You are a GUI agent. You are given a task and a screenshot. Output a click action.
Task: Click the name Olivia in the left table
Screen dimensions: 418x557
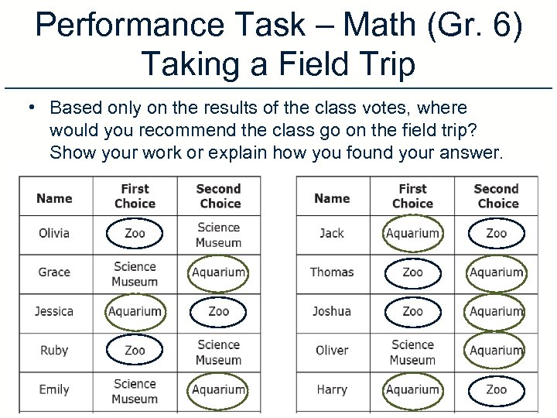tap(54, 233)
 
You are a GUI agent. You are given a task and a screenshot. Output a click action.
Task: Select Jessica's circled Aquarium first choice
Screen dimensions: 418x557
tap(135, 311)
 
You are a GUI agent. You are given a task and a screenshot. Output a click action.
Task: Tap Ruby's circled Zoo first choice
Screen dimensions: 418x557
tap(135, 350)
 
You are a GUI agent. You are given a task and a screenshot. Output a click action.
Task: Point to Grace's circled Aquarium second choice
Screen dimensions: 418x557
tap(218, 272)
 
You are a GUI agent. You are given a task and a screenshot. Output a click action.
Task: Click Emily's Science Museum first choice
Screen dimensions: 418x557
tap(135, 391)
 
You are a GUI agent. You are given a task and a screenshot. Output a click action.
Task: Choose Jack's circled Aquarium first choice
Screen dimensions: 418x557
tap(412, 233)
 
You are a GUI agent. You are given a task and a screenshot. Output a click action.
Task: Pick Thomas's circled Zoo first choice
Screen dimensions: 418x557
tap(412, 272)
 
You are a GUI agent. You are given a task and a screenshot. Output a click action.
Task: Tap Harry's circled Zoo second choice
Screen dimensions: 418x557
tap(497, 389)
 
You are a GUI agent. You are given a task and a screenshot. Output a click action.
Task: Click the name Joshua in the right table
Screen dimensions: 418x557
tap(332, 311)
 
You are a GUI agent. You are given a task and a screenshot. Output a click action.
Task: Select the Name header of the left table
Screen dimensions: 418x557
tap(54, 198)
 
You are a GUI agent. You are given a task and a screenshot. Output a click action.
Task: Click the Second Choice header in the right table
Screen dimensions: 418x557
tap(497, 196)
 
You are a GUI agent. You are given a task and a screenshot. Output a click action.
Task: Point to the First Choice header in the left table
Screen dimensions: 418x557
tap(135, 196)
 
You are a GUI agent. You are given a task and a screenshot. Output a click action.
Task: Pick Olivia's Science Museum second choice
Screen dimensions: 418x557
tap(218, 235)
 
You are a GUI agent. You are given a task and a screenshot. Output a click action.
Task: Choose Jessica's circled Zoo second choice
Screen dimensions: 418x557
tap(218, 311)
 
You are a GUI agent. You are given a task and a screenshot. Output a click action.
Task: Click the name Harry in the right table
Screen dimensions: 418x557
tap(332, 389)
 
